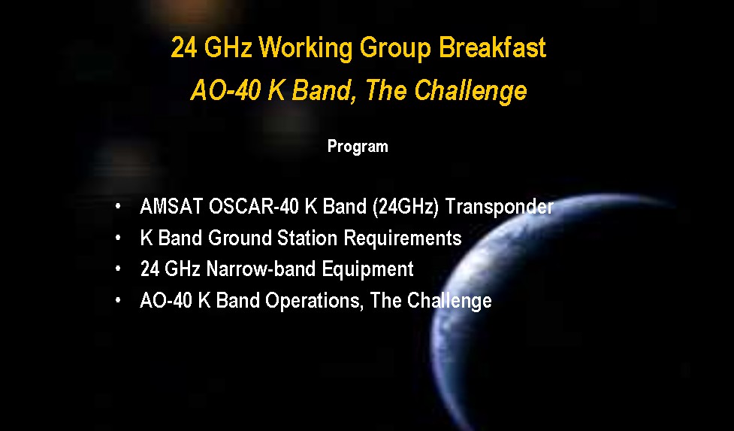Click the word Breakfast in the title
pyautogui.click(x=492, y=47)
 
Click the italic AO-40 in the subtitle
pyautogui.click(x=225, y=90)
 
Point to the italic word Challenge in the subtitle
pyautogui.click(x=471, y=91)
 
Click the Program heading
pyautogui.click(x=358, y=147)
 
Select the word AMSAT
pyautogui.click(x=171, y=206)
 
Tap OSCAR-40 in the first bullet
pyautogui.click(x=254, y=206)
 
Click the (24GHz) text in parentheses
pyautogui.click(x=406, y=207)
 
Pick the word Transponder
pyautogui.click(x=499, y=207)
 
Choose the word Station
pyautogui.click(x=307, y=238)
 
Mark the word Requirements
pyautogui.click(x=403, y=238)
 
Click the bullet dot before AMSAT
pyautogui.click(x=118, y=206)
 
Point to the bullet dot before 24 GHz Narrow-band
pyautogui.click(x=118, y=269)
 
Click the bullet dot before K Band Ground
pyautogui.click(x=118, y=238)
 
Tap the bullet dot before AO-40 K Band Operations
pyautogui.click(x=118, y=300)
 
